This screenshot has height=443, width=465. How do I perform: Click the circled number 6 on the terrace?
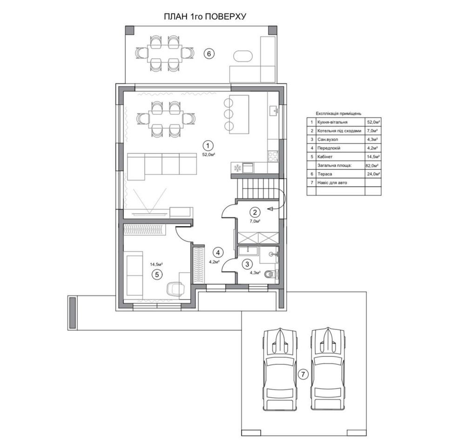209,54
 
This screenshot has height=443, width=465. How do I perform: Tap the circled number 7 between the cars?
303,374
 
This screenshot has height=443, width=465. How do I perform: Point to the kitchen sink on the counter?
273,110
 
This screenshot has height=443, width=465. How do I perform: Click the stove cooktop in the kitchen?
273,156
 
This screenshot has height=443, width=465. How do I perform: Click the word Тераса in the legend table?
325,174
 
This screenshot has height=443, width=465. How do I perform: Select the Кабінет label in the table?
325,156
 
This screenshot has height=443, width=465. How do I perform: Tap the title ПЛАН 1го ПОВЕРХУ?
205,17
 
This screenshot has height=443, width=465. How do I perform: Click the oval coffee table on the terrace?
243,56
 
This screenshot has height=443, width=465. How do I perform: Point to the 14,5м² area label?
156,264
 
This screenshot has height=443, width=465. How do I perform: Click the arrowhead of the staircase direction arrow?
270,209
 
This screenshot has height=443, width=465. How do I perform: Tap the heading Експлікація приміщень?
339,113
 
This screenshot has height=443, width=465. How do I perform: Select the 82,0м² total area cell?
373,166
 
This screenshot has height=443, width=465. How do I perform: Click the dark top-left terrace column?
130,30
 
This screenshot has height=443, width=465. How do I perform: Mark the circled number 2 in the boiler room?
255,212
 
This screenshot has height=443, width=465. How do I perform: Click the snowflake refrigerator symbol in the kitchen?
237,168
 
